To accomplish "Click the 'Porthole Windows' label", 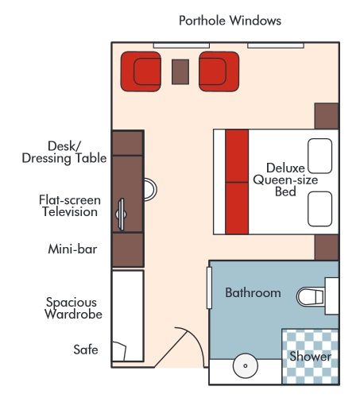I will [230, 20].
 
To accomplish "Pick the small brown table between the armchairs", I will [180, 71].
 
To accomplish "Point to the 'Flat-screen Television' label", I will [68, 206].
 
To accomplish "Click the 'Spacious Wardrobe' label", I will [72, 308].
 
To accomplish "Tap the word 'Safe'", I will [85, 349].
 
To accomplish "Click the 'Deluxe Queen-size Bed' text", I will [275, 180].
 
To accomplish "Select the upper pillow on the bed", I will [319, 156].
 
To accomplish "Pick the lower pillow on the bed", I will [319, 208].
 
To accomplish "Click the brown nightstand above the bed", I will [327, 116].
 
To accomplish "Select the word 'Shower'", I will [309, 357].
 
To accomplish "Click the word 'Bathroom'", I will [253, 293].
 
